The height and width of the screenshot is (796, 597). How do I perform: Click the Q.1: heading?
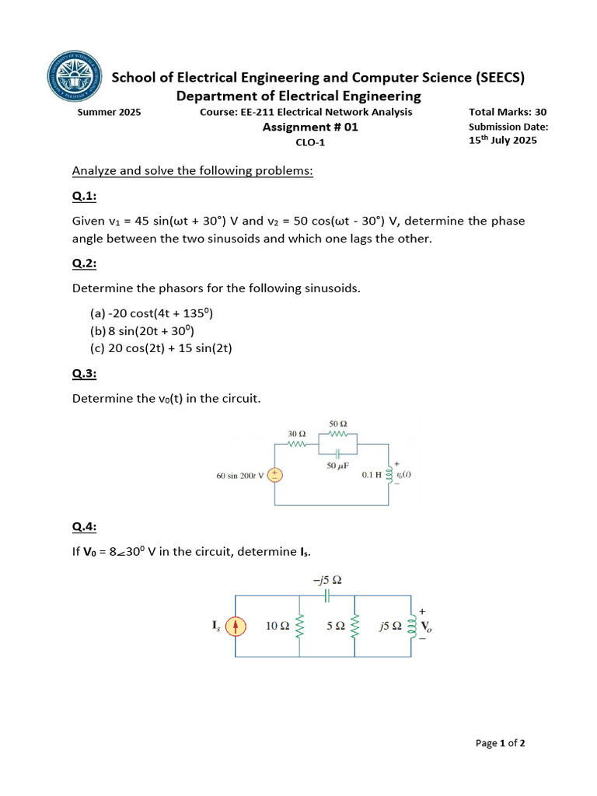pos(84,196)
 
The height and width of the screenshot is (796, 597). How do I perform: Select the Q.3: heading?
pos(84,374)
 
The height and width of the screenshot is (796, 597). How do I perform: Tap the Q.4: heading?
pos(84,527)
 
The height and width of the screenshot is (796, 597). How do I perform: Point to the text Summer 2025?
pos(109,112)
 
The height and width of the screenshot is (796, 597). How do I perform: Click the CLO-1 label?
pos(310,142)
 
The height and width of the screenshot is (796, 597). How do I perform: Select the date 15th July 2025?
pos(502,141)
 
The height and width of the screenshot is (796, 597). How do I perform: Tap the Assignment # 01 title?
pos(310,127)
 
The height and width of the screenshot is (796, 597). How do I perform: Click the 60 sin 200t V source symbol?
pos(274,475)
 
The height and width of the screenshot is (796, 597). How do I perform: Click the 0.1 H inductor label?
pos(372,474)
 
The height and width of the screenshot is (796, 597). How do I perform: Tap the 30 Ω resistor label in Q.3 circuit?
pos(297,433)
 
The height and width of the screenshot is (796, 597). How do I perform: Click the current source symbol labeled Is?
pos(238,626)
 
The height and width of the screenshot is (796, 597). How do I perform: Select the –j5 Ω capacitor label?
pos(326,580)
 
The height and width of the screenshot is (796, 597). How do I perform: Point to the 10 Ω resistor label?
pos(278,626)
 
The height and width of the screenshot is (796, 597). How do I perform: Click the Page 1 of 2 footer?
pos(500,743)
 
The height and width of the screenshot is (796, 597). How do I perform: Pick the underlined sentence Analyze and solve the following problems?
pos(192,171)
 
